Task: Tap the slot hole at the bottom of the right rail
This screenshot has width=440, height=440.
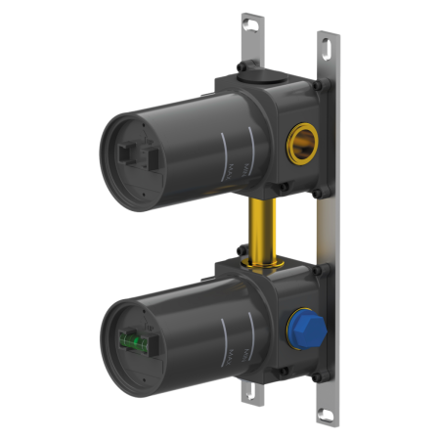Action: [322, 413]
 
